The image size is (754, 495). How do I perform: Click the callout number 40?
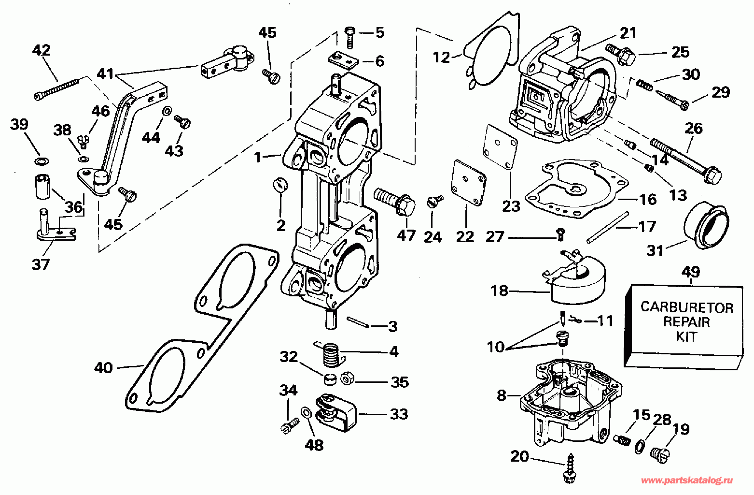[103, 367]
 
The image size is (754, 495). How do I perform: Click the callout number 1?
[258, 157]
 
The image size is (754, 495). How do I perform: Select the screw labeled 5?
[350, 36]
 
